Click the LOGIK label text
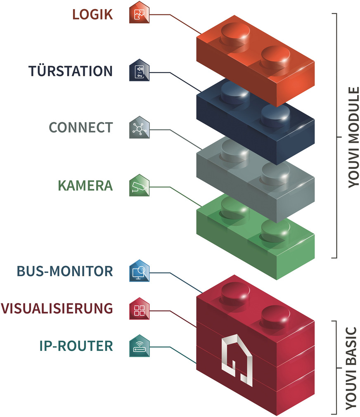pos(92,14)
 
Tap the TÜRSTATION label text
pos(71,71)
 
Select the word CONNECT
pos(81,127)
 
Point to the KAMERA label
pos(85,185)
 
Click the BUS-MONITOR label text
pos(65,271)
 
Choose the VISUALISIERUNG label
pos(57,308)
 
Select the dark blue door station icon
pos(139,71)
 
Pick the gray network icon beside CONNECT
pos(139,128)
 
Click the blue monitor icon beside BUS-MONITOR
pos(139,271)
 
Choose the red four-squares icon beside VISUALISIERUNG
pos(139,308)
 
